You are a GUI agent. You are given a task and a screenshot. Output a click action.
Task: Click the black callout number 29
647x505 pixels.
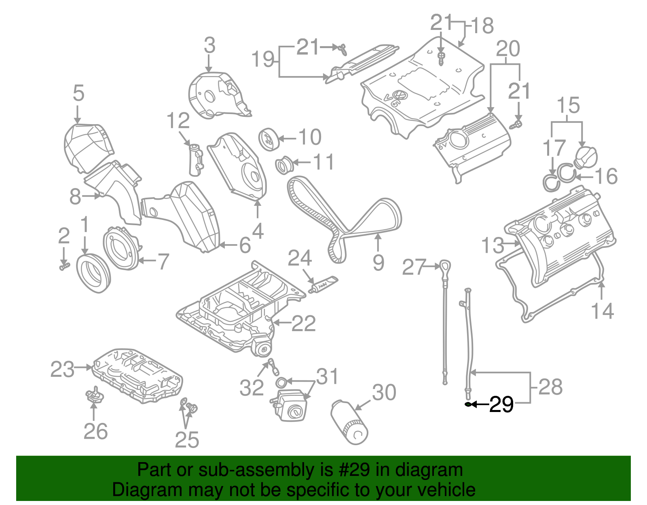click(x=501, y=404)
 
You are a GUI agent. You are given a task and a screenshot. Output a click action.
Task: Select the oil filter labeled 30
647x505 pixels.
click(x=349, y=422)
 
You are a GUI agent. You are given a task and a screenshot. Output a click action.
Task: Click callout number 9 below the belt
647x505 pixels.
click(x=378, y=263)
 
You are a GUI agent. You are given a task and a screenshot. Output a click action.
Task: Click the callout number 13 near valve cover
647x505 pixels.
click(x=493, y=245)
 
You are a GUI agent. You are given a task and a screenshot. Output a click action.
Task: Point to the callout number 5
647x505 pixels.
click(x=78, y=93)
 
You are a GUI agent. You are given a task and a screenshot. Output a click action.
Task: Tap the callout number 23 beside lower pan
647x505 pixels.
click(x=62, y=369)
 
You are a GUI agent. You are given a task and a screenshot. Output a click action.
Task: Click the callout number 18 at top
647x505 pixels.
click(x=482, y=25)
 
